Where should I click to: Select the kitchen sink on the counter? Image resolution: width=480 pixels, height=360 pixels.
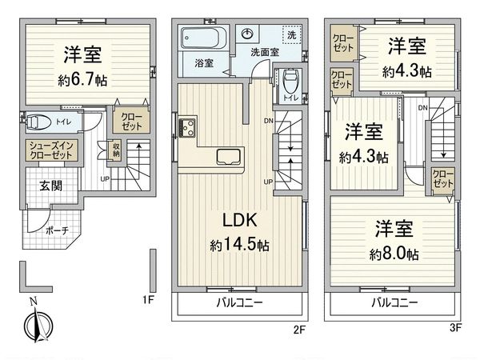point(227,155)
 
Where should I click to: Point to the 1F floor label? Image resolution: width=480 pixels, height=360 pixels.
point(148,301)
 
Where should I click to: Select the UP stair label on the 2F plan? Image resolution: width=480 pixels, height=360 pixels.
point(267,182)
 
